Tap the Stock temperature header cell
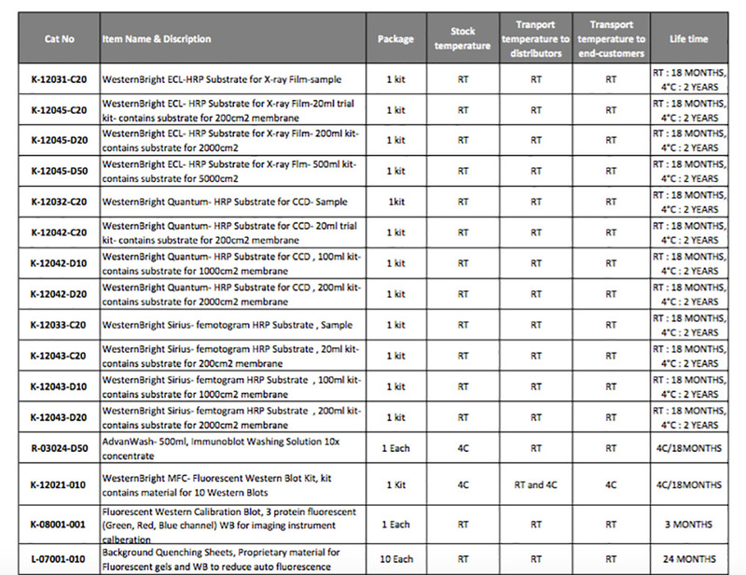coord(463,39)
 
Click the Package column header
coord(395,39)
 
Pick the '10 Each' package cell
coord(395,557)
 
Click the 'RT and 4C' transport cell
coord(535,485)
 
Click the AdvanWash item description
coord(224,448)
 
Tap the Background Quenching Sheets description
coord(224,557)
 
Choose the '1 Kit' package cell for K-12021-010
coord(395,485)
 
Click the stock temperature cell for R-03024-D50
coord(463,448)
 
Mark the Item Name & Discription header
coord(157,39)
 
